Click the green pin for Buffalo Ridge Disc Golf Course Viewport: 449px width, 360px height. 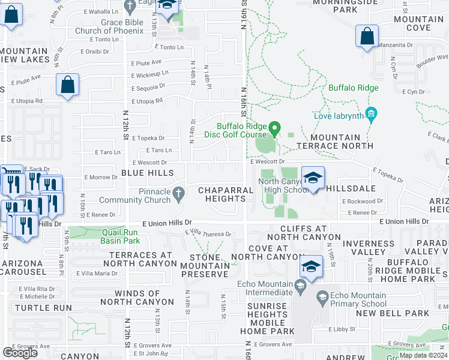pyautogui.click(x=275, y=128)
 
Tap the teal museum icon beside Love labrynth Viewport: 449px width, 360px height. pyautogui.click(x=371, y=114)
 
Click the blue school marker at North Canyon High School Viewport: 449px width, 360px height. pyautogui.click(x=313, y=178)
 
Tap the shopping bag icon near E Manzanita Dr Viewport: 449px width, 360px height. pyautogui.click(x=367, y=37)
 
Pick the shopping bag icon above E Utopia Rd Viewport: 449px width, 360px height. pyautogui.click(x=68, y=86)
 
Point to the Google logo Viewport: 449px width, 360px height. pyautogui.click(x=20, y=352)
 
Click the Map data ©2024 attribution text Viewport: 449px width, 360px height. pyautogui.click(x=424, y=355)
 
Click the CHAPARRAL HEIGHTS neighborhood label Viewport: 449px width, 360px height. pyautogui.click(x=221, y=194)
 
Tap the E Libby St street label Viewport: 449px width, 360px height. pyautogui.click(x=342, y=329)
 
